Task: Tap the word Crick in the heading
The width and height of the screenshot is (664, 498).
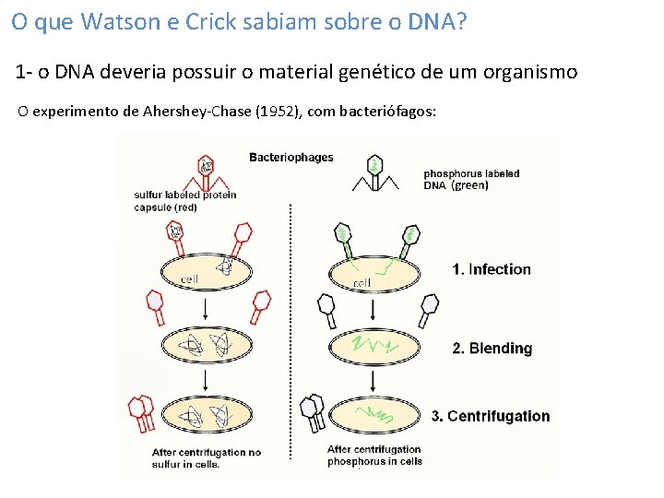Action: (x=213, y=22)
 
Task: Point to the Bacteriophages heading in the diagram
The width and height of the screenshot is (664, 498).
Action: (x=290, y=157)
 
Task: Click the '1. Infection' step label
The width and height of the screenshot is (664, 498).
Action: (x=491, y=269)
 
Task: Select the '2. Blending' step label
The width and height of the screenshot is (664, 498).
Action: (x=491, y=348)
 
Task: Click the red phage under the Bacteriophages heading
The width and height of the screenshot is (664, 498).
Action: (x=207, y=172)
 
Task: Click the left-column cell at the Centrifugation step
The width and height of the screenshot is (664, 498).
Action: (x=208, y=416)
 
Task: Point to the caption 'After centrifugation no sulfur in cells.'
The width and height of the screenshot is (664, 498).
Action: (x=206, y=458)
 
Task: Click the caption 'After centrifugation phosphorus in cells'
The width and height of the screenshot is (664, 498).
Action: (x=374, y=456)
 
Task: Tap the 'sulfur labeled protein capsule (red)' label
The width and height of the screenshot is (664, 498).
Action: (x=184, y=200)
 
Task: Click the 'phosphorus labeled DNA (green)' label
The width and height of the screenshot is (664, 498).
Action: (x=470, y=179)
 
